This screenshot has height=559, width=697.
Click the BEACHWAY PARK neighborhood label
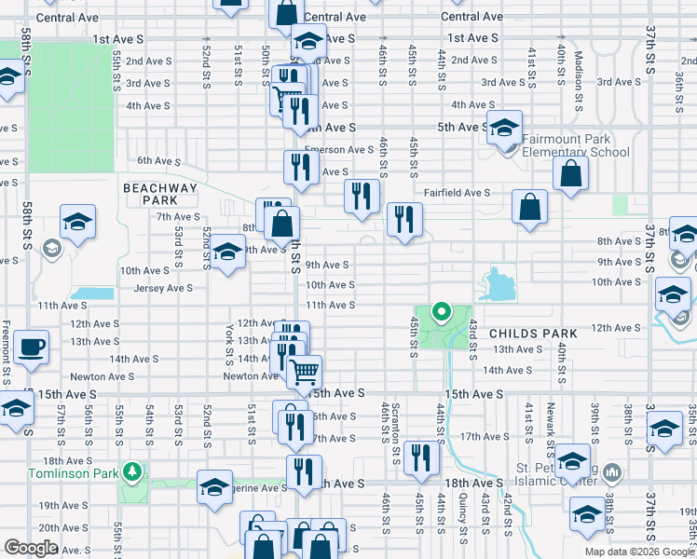click(x=160, y=194)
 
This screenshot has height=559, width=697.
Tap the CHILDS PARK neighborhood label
click(x=534, y=333)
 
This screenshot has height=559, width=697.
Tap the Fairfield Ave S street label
click(x=458, y=192)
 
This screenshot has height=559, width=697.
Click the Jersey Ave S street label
click(x=163, y=288)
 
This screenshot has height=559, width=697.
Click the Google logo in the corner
click(x=31, y=548)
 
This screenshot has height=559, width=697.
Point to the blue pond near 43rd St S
click(x=499, y=283)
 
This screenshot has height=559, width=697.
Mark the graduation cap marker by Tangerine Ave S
click(x=214, y=486)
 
